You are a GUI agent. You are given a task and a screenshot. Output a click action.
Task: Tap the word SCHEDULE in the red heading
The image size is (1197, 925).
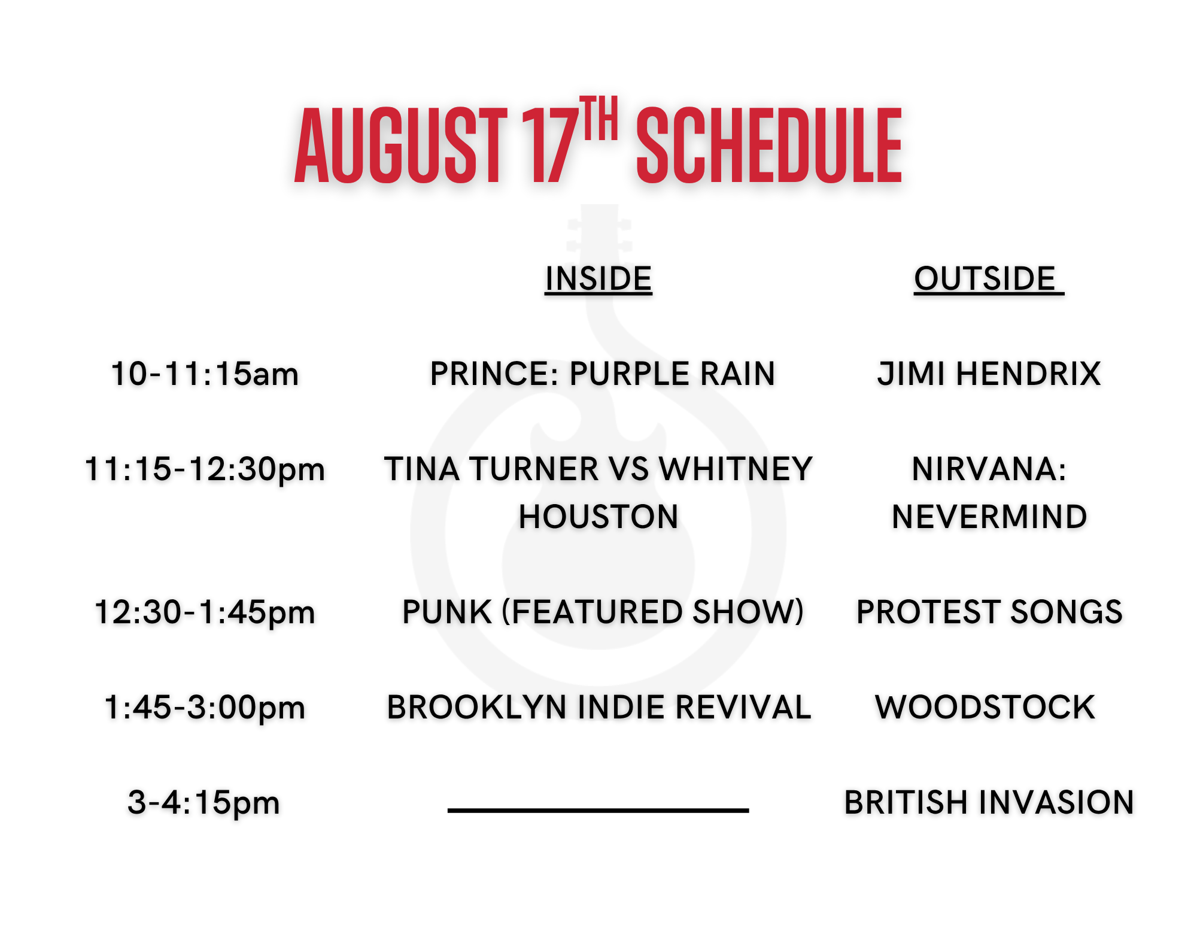[769, 145]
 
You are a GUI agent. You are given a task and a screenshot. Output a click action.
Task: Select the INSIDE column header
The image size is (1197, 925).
[598, 279]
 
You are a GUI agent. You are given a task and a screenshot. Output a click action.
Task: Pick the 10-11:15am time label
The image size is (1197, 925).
[205, 374]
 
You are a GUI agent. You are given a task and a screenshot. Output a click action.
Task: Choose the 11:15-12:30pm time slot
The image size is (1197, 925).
[205, 469]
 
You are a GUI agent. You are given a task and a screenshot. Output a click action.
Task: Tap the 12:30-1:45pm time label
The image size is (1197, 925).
[205, 612]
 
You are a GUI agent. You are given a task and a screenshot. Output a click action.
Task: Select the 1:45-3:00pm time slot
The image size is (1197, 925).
[205, 708]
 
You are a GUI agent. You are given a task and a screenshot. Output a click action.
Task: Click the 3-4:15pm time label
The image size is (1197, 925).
[204, 803]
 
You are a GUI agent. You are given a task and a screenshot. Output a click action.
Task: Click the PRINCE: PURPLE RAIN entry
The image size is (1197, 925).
[603, 374]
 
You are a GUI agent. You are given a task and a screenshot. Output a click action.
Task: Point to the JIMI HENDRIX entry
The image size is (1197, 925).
[989, 374]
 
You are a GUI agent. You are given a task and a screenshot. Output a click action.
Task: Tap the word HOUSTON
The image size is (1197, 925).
[598, 517]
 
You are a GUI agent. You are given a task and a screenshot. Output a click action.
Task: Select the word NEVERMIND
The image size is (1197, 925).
[989, 517]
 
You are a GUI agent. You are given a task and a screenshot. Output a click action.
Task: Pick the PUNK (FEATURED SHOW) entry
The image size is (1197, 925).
[603, 612]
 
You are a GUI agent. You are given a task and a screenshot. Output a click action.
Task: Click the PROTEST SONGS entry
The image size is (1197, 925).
[989, 612]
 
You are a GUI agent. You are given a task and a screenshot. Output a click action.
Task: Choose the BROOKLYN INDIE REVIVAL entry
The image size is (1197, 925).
[599, 708]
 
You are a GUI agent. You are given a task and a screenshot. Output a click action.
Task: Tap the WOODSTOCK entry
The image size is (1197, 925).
[985, 708]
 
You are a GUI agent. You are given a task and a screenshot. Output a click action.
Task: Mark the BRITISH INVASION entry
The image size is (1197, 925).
[989, 803]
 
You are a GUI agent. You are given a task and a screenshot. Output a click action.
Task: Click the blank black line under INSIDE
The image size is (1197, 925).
[598, 811]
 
